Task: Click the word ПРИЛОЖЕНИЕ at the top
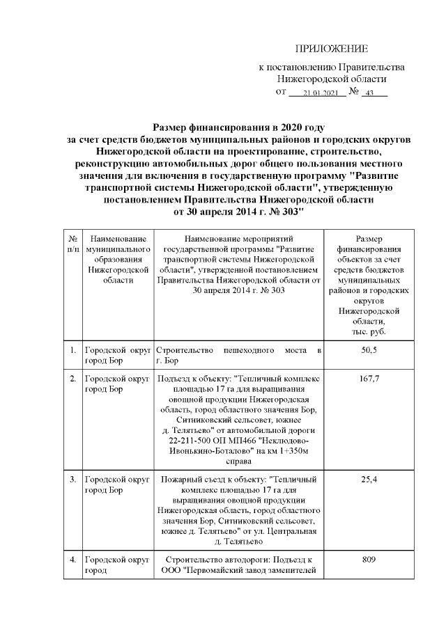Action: coord(331,49)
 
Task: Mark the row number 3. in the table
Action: coord(72,480)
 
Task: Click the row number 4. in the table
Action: coord(72,559)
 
